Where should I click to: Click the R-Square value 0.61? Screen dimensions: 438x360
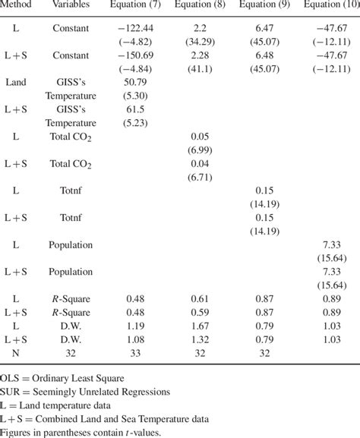tap(197, 298)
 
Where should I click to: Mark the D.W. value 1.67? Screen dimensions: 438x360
tap(197, 326)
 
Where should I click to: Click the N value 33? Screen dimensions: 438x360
tap(197, 353)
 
